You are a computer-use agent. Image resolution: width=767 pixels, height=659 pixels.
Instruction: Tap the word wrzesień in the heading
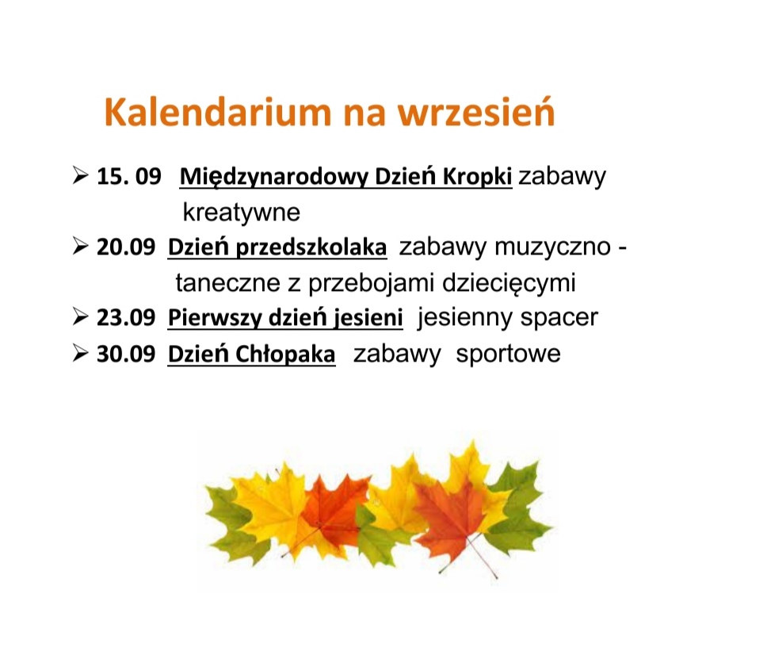coord(476,112)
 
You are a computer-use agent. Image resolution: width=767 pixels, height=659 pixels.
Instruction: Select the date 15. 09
coord(129,176)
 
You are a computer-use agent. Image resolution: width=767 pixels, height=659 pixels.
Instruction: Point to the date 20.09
coord(126,247)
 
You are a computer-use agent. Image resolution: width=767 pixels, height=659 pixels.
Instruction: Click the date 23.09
coord(126,317)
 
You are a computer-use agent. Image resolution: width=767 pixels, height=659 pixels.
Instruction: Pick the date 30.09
coord(126,354)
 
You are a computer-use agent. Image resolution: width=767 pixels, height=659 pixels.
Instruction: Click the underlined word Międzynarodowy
coord(273,177)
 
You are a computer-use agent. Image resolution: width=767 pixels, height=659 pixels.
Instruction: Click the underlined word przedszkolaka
coord(311,247)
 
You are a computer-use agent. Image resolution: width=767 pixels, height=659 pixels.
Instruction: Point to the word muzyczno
coord(553,247)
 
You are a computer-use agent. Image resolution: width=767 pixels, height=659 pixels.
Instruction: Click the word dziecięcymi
coord(509,283)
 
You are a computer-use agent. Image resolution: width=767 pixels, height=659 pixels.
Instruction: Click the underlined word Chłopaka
coord(285,354)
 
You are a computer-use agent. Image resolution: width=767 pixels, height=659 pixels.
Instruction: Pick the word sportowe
coord(508,354)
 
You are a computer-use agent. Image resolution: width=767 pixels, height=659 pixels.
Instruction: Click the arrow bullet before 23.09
coord(80,316)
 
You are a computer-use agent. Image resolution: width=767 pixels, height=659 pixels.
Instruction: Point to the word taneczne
coord(228,283)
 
